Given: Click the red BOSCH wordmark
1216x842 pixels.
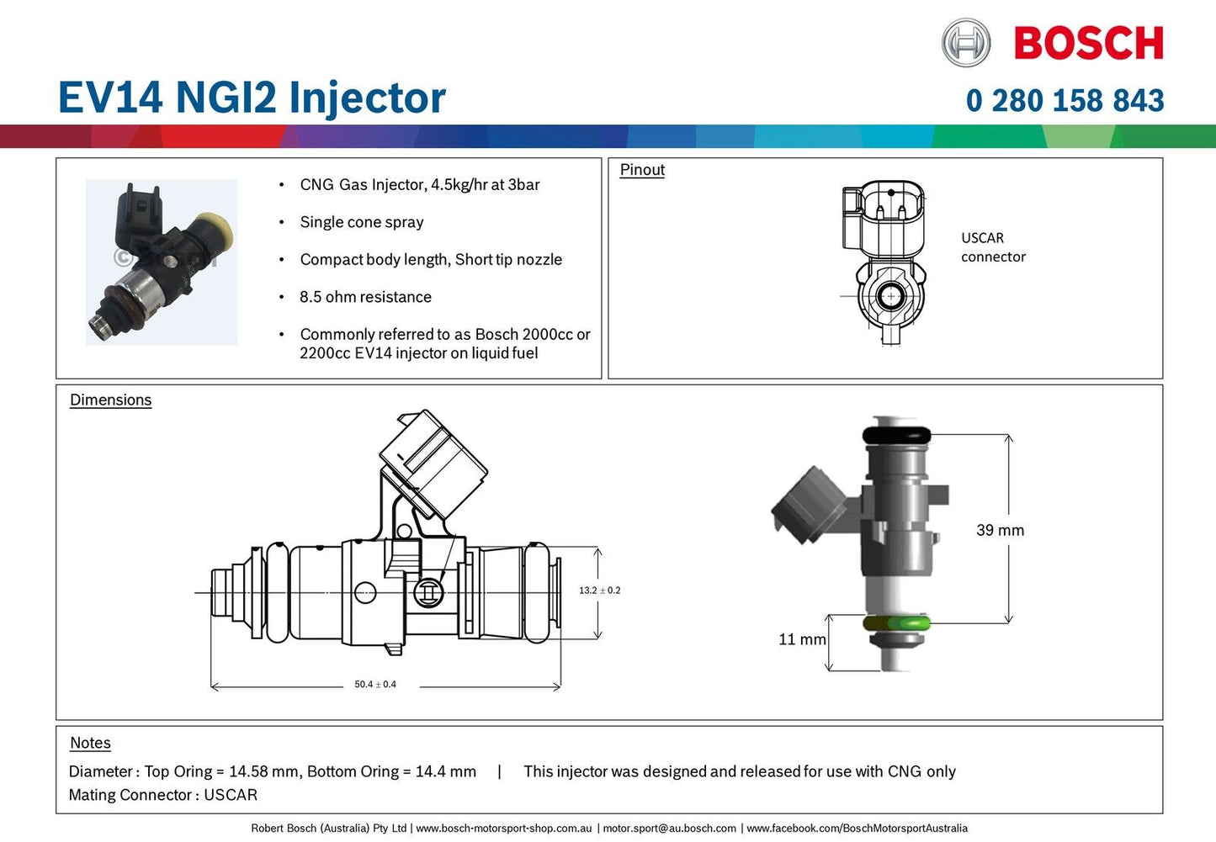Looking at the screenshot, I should pos(1088,44).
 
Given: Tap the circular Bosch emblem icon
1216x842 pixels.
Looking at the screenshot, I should pos(965,43).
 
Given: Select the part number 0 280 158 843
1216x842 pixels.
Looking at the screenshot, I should pos(1065,101).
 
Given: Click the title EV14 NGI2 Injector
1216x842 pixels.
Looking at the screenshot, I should pos(252,98).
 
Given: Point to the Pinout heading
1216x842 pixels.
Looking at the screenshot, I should pos(642,170).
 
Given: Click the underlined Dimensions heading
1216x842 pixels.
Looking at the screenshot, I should pos(110,400).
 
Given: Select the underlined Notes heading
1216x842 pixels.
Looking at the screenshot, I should pos(90,744).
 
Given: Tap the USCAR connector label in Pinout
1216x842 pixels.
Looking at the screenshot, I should pos(993,247).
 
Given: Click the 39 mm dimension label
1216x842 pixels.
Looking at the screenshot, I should pos(1000,531).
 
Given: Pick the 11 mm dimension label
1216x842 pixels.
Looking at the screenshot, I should pos(801,640).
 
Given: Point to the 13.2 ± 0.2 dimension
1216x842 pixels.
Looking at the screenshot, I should pos(599,590).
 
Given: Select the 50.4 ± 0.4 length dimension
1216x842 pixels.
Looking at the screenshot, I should pos(374,685).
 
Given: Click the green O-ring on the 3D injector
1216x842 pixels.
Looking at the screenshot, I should pos(896,624).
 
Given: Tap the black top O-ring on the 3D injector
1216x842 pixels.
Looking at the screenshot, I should pos(896,436).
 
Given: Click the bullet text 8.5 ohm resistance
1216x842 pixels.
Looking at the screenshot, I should pos(365,297).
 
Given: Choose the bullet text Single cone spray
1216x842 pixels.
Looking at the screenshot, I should pos(361,222).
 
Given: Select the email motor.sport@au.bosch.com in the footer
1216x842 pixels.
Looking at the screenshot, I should pos(669,829).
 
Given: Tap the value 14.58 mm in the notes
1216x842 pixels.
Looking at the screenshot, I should pos(263,772).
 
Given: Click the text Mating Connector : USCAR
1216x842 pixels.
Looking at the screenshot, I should pos(163,796).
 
